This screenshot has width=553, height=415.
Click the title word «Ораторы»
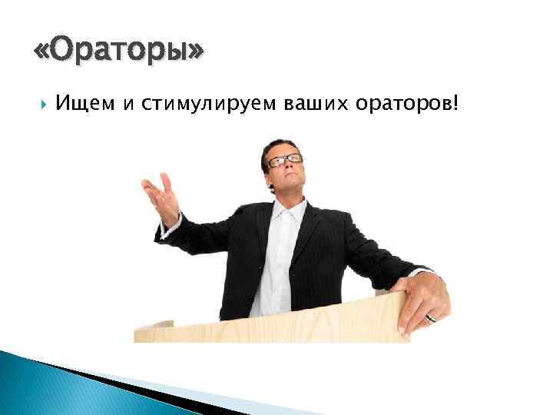click(120, 51)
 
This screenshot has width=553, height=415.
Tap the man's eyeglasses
click(285, 161)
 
